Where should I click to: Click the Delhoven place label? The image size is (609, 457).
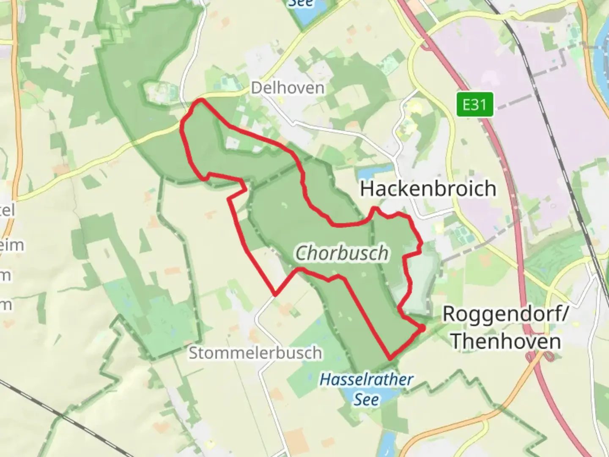click(x=288, y=88)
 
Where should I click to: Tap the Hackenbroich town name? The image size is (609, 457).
click(x=428, y=189)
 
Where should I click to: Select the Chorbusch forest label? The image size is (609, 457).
click(x=341, y=253)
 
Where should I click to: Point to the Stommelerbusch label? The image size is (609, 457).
click(x=255, y=352)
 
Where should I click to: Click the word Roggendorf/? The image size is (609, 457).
click(x=505, y=314)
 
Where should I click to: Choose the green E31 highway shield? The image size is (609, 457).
click(x=475, y=104)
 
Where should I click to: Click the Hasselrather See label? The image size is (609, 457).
click(x=366, y=388)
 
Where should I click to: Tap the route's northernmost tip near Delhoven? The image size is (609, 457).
click(x=201, y=100)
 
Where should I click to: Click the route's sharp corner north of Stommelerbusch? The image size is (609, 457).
click(x=275, y=293)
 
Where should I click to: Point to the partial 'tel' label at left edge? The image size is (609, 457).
click(x=8, y=210)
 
